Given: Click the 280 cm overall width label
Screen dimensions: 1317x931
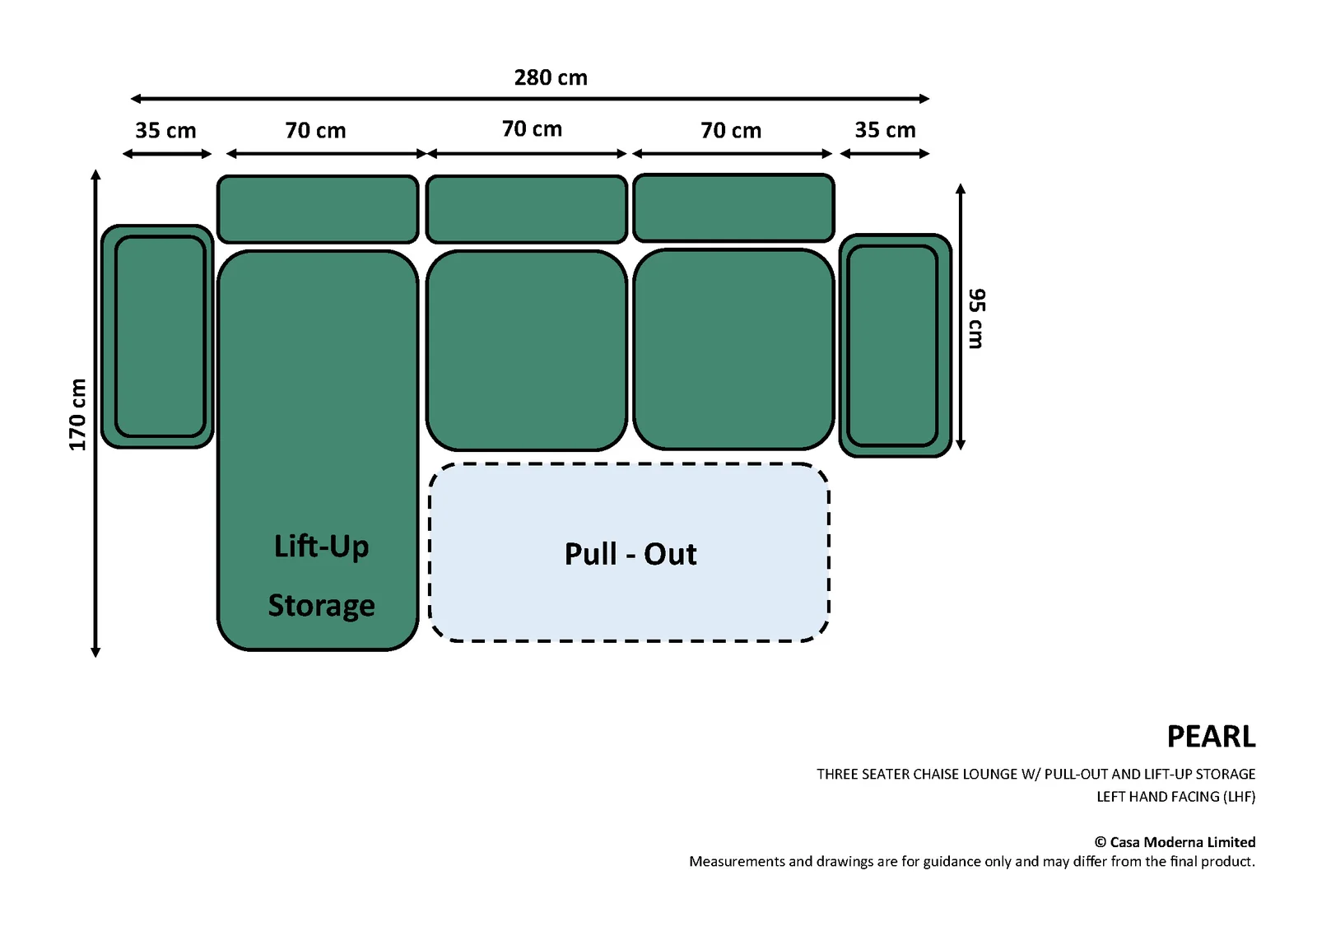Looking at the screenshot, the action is click(551, 77).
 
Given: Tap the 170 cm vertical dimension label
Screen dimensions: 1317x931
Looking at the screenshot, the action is click(77, 415).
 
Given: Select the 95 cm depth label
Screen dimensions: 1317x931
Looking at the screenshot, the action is click(976, 319).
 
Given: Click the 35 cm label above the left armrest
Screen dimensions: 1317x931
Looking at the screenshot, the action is click(165, 131).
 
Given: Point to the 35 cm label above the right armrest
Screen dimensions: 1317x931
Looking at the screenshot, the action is click(885, 130).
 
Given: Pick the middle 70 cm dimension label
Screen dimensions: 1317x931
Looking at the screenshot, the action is click(532, 128).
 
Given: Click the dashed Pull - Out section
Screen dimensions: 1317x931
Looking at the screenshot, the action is click(629, 552).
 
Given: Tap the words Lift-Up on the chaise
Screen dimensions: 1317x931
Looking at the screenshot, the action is click(321, 547).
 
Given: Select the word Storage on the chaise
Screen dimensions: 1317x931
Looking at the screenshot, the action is click(321, 605).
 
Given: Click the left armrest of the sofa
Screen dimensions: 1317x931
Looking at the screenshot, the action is click(157, 337).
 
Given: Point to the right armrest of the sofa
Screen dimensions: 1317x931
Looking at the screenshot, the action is click(895, 345).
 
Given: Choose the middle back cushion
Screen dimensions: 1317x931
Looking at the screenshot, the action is click(526, 209).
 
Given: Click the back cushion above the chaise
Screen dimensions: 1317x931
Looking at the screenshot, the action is click(318, 209).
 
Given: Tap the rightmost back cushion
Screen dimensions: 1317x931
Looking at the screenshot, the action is click(733, 207).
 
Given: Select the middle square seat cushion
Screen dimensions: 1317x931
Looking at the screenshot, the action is click(526, 350).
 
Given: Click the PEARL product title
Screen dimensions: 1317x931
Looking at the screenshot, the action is click(1211, 737).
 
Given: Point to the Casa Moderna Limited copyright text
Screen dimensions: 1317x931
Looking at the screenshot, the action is click(1175, 842).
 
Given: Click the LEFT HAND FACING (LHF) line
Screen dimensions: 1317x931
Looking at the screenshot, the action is click(1176, 797).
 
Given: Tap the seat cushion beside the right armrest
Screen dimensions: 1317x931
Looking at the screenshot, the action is click(733, 349).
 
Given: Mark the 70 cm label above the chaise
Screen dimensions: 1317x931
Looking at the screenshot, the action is click(316, 131).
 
